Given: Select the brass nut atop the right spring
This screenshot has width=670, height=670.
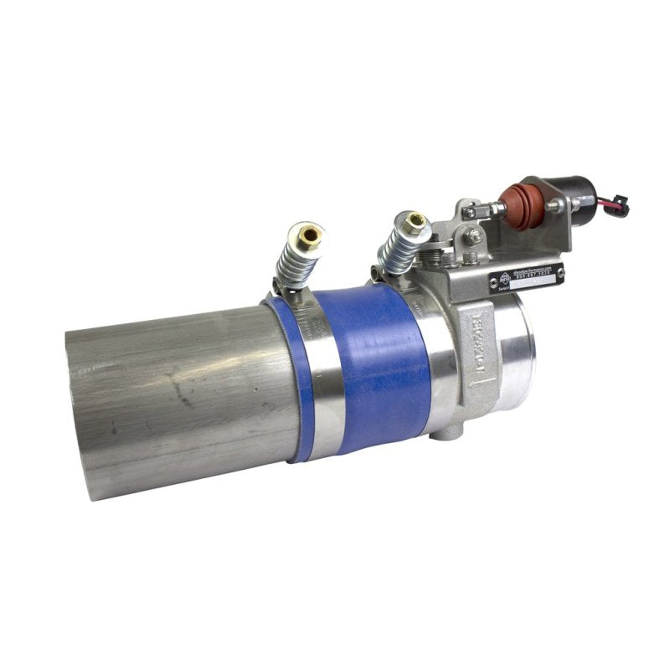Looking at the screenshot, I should tap(413, 223).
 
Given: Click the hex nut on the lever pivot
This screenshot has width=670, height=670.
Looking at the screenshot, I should tap(475, 236).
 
